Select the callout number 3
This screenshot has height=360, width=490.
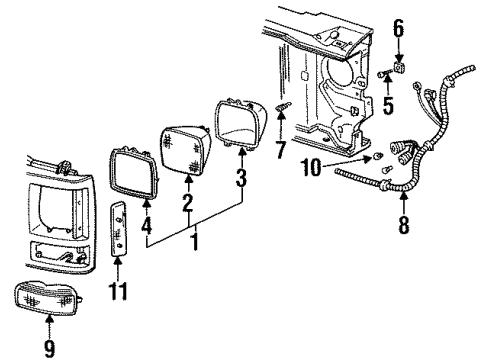(x=240, y=179)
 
